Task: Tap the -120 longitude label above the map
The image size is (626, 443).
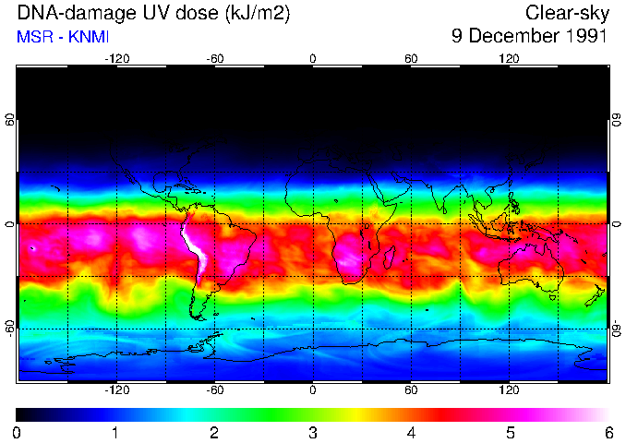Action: pyautogui.click(x=116, y=58)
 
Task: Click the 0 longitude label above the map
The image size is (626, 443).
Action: pyautogui.click(x=313, y=58)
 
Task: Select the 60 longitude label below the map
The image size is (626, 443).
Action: pyautogui.click(x=411, y=390)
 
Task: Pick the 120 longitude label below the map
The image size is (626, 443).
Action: pyautogui.click(x=509, y=390)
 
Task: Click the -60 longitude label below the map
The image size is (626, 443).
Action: pyautogui.click(x=214, y=390)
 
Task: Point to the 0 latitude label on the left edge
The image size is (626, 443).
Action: pyautogui.click(x=10, y=224)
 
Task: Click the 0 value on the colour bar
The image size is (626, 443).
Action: pyautogui.click(x=17, y=432)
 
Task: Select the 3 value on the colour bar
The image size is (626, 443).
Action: pyautogui.click(x=312, y=432)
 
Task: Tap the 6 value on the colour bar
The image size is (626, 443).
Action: pyautogui.click(x=608, y=432)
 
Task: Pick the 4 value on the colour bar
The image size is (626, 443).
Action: pyautogui.click(x=411, y=432)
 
